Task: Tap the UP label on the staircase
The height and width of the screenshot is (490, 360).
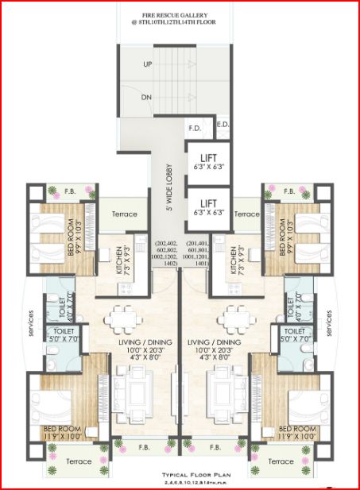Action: point(148,64)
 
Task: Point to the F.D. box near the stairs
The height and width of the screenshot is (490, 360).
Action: point(194,128)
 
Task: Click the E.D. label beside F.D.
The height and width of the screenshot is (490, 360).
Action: point(222,125)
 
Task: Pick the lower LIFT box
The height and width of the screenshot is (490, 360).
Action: point(208,207)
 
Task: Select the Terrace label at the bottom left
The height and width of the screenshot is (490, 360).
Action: point(79,461)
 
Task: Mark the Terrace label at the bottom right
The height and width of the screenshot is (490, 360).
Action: point(283,461)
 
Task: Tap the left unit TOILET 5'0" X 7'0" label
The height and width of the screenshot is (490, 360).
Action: point(62,334)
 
